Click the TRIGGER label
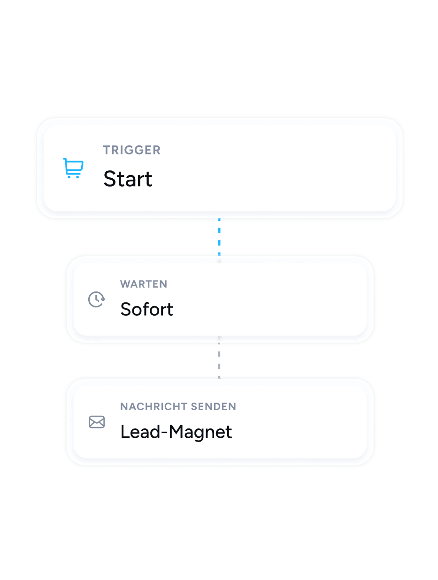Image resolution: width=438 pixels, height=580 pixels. click(131, 150)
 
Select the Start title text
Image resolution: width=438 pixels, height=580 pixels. click(128, 179)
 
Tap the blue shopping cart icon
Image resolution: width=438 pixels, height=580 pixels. click(73, 168)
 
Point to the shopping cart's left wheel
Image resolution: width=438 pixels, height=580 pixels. click(69, 177)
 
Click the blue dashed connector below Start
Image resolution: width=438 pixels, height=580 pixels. click(219, 237)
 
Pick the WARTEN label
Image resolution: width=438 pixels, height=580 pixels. click(144, 284)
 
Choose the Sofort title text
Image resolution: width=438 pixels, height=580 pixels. click(147, 309)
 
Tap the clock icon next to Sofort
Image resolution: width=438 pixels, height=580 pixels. click(97, 299)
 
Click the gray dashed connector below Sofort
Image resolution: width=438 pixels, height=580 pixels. click(219, 357)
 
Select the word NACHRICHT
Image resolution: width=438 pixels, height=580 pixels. click(154, 406)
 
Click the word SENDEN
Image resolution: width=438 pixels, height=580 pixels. click(213, 406)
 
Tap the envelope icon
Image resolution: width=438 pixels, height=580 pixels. click(97, 422)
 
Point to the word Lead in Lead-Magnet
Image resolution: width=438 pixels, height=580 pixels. click(140, 432)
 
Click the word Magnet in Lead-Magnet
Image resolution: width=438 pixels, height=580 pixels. click(200, 432)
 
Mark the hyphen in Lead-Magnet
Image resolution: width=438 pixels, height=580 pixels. click(164, 433)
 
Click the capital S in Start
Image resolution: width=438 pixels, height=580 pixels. click(110, 179)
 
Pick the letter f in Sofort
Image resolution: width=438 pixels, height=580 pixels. click(148, 308)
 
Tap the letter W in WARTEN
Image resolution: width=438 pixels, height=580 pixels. click(126, 284)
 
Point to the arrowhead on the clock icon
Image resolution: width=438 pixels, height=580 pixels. click(103, 299)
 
